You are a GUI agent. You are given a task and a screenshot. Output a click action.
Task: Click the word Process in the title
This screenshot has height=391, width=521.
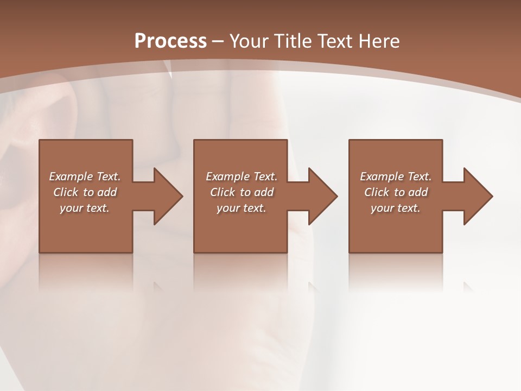click(x=170, y=41)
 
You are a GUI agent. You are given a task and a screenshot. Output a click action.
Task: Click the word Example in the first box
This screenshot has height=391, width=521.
click(x=71, y=176)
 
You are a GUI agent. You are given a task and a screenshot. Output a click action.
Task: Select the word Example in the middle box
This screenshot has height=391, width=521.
click(x=227, y=176)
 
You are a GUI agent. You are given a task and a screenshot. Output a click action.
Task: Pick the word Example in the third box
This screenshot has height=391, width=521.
click(x=382, y=176)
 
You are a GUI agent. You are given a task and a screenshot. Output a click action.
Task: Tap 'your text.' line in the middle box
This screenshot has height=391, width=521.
click(x=241, y=208)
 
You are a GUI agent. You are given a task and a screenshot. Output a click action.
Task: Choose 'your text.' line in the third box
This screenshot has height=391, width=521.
click(x=395, y=208)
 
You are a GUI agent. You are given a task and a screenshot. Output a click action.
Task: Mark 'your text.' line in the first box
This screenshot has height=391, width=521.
click(x=84, y=208)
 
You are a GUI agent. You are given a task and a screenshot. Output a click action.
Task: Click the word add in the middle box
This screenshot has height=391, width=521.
click(x=264, y=192)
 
